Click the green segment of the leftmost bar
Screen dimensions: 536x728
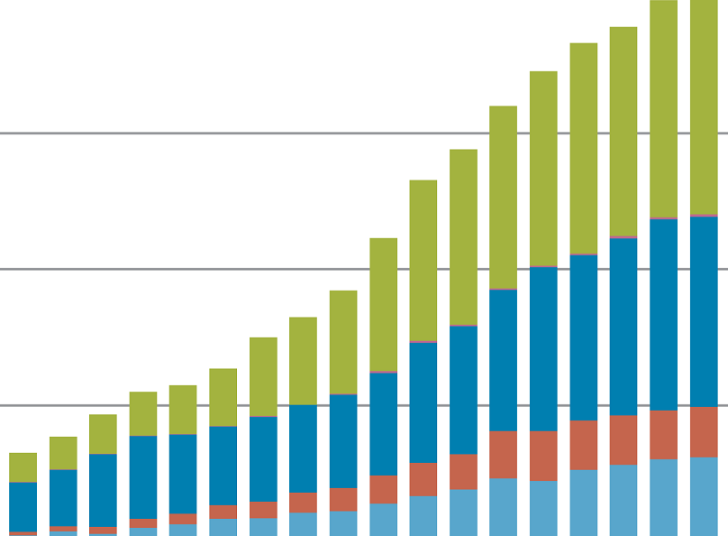tap(23, 467)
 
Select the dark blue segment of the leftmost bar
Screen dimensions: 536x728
tap(23, 506)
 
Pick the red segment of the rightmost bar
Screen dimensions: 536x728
tap(704, 431)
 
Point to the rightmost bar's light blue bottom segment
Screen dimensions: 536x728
tap(704, 495)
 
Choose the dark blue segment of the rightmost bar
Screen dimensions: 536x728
tap(704, 310)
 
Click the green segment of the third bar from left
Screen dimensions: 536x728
tap(103, 433)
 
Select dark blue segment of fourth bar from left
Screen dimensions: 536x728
tap(142, 476)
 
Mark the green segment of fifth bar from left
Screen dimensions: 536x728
tap(183, 409)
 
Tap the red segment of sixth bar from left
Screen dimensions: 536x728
tap(223, 512)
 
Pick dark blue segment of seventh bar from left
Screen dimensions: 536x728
tap(263, 458)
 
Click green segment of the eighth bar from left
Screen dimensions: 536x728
tap(303, 360)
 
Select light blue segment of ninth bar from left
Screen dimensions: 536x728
tap(343, 523)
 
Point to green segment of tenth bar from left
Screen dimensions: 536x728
tap(383, 304)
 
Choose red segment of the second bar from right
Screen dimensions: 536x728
tap(663, 435)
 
